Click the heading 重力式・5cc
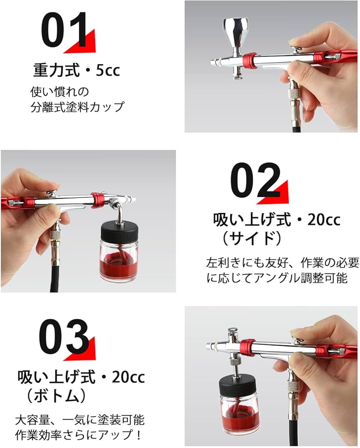[x=77, y=70]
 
